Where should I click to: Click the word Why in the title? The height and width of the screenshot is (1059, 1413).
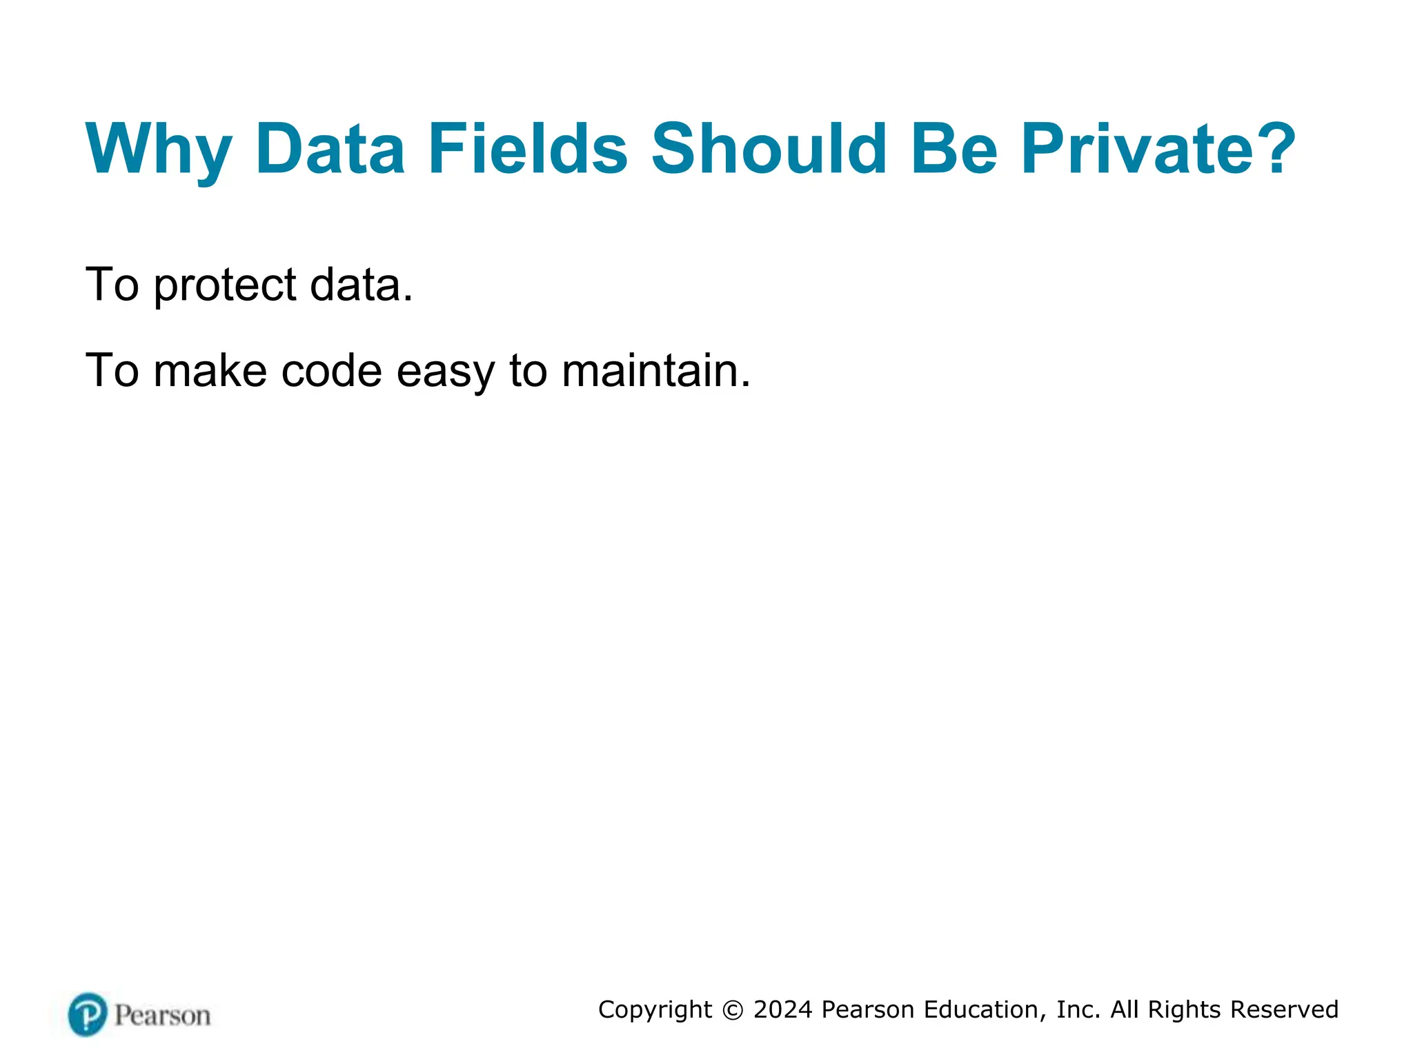(x=158, y=150)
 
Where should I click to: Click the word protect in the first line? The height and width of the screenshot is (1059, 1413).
(x=225, y=285)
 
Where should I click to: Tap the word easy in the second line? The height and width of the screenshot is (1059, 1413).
(x=445, y=372)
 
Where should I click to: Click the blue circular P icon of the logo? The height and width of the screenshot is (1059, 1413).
(x=88, y=1014)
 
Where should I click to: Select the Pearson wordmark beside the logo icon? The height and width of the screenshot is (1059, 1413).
(x=162, y=1016)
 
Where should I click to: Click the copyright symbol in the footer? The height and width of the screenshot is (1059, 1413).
(x=733, y=1010)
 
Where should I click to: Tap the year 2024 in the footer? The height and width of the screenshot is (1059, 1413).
(x=782, y=1009)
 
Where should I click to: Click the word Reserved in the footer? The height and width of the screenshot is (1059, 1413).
(x=1284, y=1009)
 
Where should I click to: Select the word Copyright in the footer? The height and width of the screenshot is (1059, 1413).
(x=655, y=1010)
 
